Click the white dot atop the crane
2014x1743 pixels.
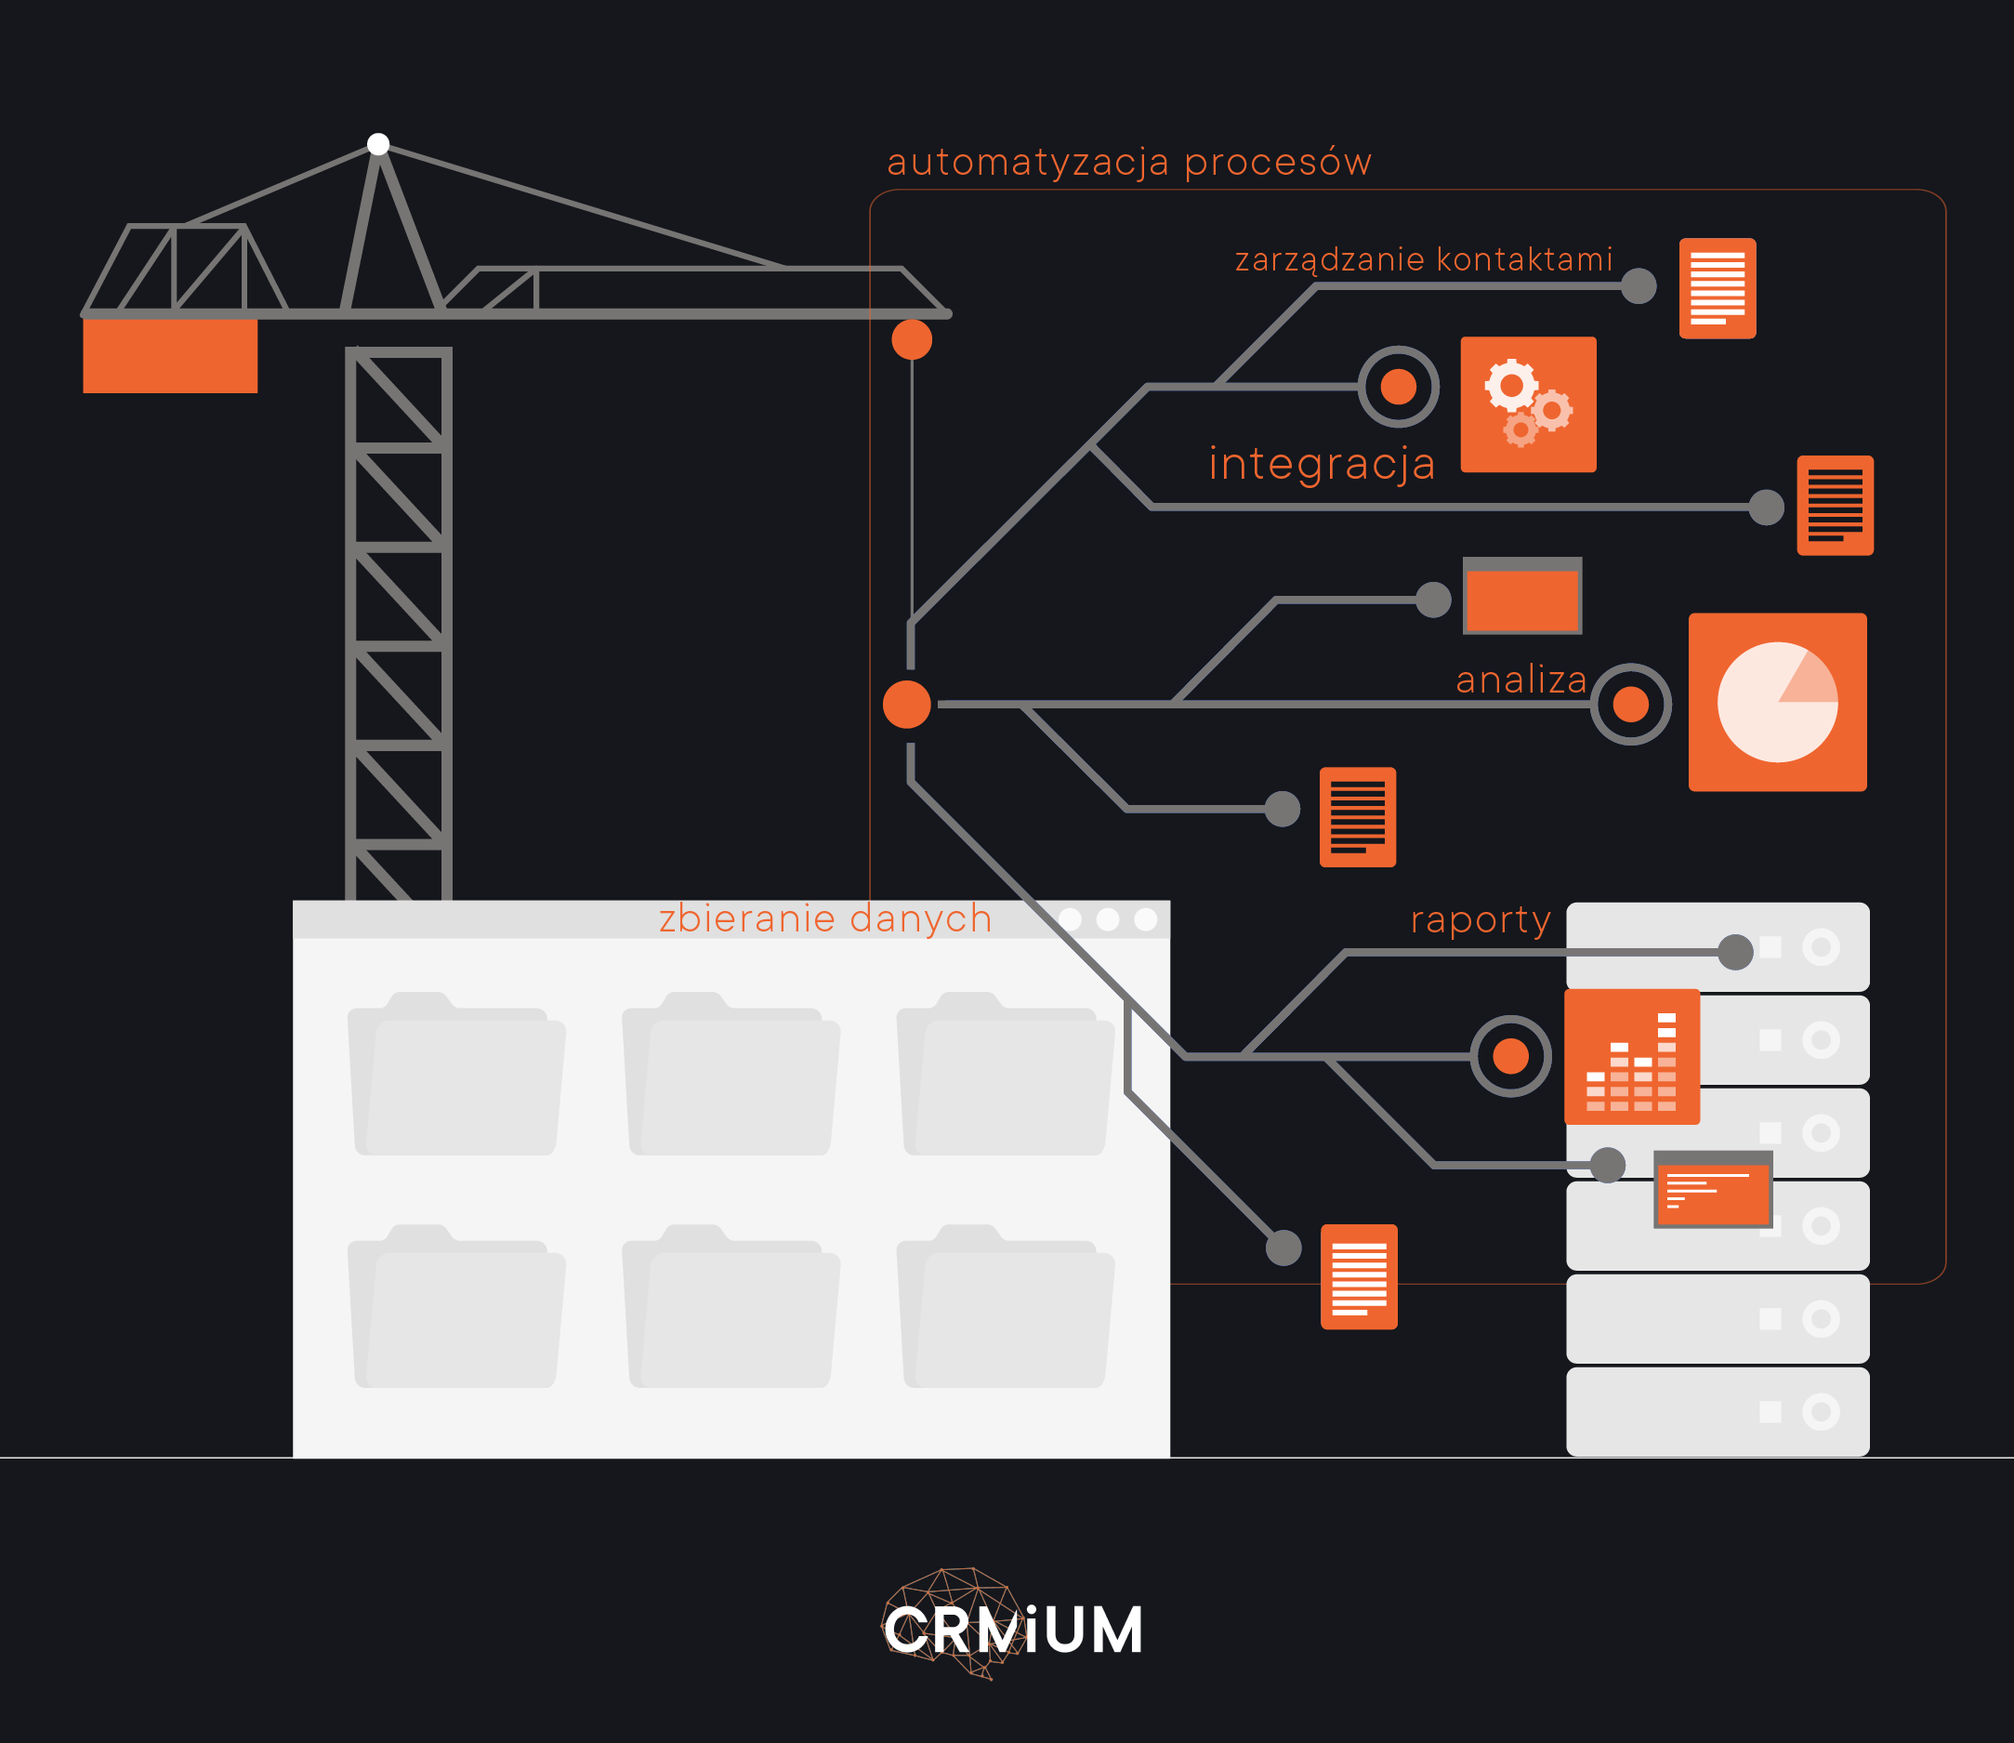[378, 144]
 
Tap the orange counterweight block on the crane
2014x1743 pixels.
[170, 356]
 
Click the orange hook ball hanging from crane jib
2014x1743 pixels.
[911, 339]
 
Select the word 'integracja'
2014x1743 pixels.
[1322, 464]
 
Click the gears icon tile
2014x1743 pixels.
[1528, 404]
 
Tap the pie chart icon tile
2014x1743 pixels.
[1777, 701]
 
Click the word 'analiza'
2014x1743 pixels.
[1520, 680]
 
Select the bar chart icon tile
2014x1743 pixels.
[1631, 1056]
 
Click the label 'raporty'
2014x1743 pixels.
[1481, 919]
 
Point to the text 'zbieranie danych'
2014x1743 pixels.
[824, 918]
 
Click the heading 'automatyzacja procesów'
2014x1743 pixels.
[1129, 163]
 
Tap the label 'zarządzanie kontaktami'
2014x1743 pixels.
[1424, 259]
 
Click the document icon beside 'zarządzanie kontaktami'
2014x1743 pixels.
[1717, 288]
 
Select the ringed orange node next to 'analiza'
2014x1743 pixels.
[1630, 705]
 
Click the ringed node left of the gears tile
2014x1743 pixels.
[1398, 387]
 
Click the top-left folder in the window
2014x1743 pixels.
[456, 1074]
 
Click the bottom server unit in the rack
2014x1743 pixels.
[1717, 1411]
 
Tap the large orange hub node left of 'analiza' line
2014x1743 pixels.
[906, 705]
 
